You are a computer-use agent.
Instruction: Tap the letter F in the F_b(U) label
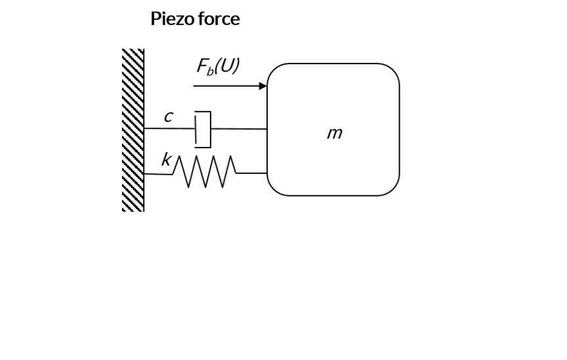[x=202, y=66]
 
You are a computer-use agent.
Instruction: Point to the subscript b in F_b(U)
[x=211, y=70]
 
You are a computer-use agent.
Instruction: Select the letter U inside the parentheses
[x=226, y=66]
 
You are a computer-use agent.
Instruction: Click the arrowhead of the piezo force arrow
[x=263, y=86]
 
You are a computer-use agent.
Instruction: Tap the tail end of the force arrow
[x=195, y=86]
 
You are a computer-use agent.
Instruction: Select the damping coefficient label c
[x=168, y=117]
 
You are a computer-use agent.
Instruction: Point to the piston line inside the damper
[x=196, y=129]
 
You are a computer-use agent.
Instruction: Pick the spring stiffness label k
[x=166, y=159]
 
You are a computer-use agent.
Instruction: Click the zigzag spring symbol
[x=204, y=172]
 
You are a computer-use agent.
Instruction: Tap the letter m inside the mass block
[x=334, y=133]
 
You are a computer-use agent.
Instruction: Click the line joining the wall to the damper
[x=169, y=129]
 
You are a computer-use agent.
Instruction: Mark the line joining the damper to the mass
[x=239, y=129]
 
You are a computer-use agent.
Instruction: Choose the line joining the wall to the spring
[x=157, y=174]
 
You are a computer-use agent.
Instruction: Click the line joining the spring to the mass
[x=251, y=173]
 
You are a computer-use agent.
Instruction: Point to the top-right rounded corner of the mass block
[x=392, y=71]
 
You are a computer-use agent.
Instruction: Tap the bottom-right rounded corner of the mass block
[x=392, y=188]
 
